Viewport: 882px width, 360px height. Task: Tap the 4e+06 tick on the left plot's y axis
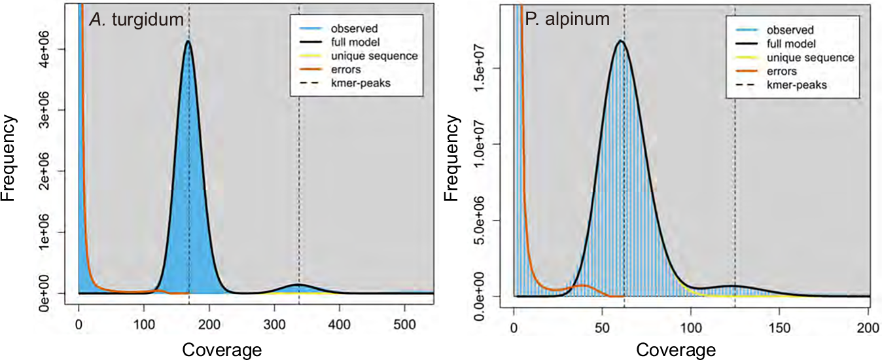click(63, 49)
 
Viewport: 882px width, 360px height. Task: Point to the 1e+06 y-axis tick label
click(63, 232)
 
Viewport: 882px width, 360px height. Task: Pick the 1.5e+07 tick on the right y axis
click(498, 68)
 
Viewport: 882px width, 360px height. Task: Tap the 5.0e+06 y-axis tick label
click(498, 221)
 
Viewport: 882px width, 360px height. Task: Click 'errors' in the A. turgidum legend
click(345, 69)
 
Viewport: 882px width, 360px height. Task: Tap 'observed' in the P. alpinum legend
click(790, 30)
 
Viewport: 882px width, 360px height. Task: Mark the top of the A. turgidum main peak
click(188, 41)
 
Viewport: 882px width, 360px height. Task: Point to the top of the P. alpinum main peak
click(620, 41)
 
